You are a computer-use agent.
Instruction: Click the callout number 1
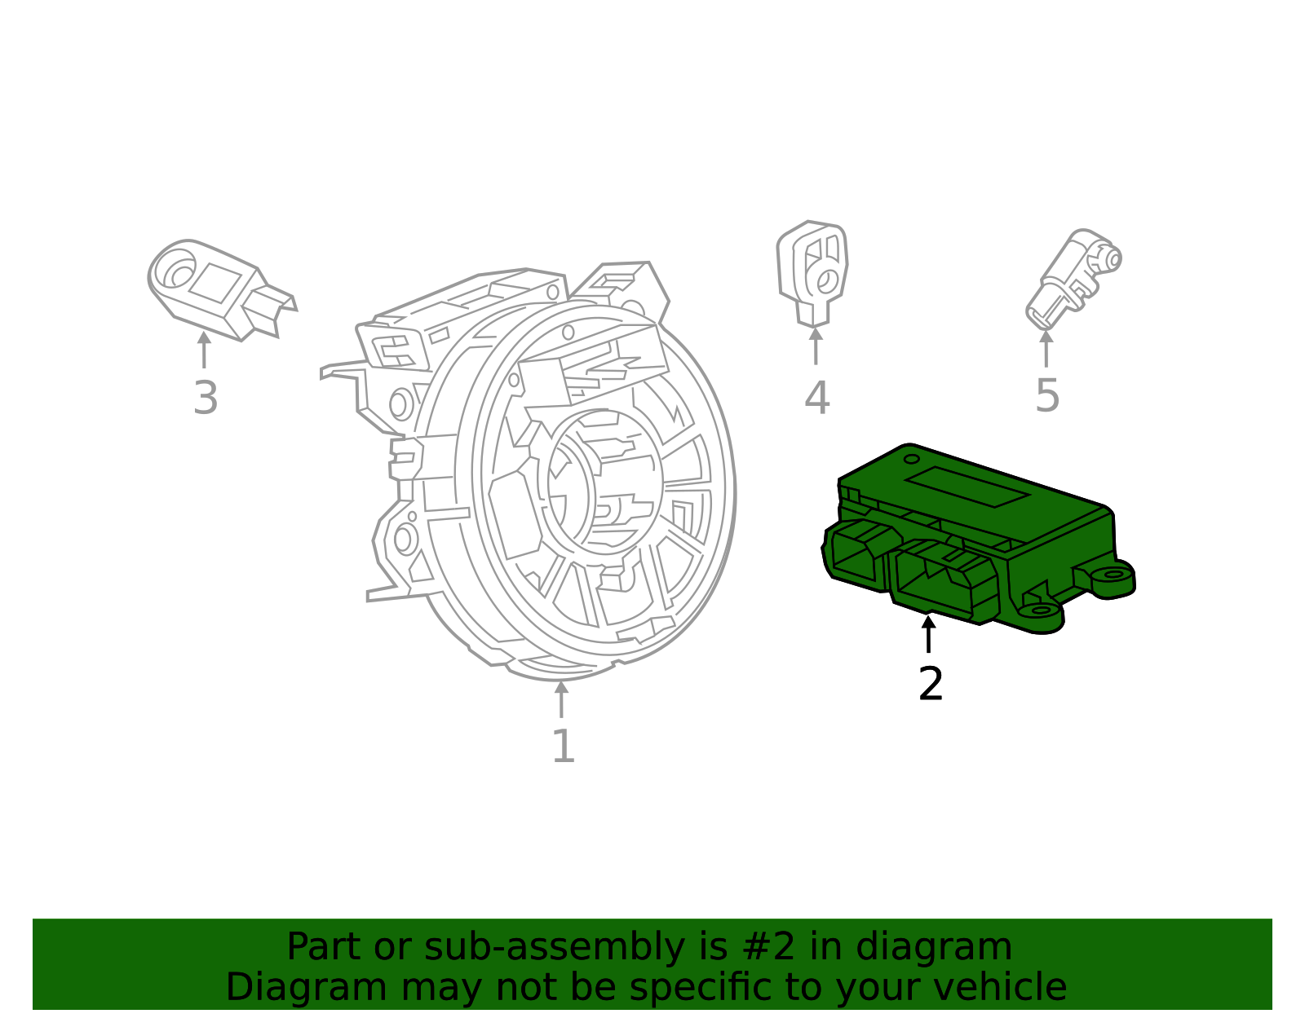click(564, 747)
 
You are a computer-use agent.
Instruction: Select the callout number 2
click(931, 684)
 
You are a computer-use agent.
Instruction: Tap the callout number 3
click(206, 399)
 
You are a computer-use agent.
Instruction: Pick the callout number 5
click(1047, 396)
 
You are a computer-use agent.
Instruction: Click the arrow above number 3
click(204, 350)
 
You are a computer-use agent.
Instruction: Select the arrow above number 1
click(561, 698)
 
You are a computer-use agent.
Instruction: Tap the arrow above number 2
click(928, 634)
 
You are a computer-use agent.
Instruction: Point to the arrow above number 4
click(816, 346)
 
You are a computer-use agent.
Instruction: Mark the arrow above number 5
click(1046, 348)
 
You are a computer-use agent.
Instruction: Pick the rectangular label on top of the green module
click(967, 487)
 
